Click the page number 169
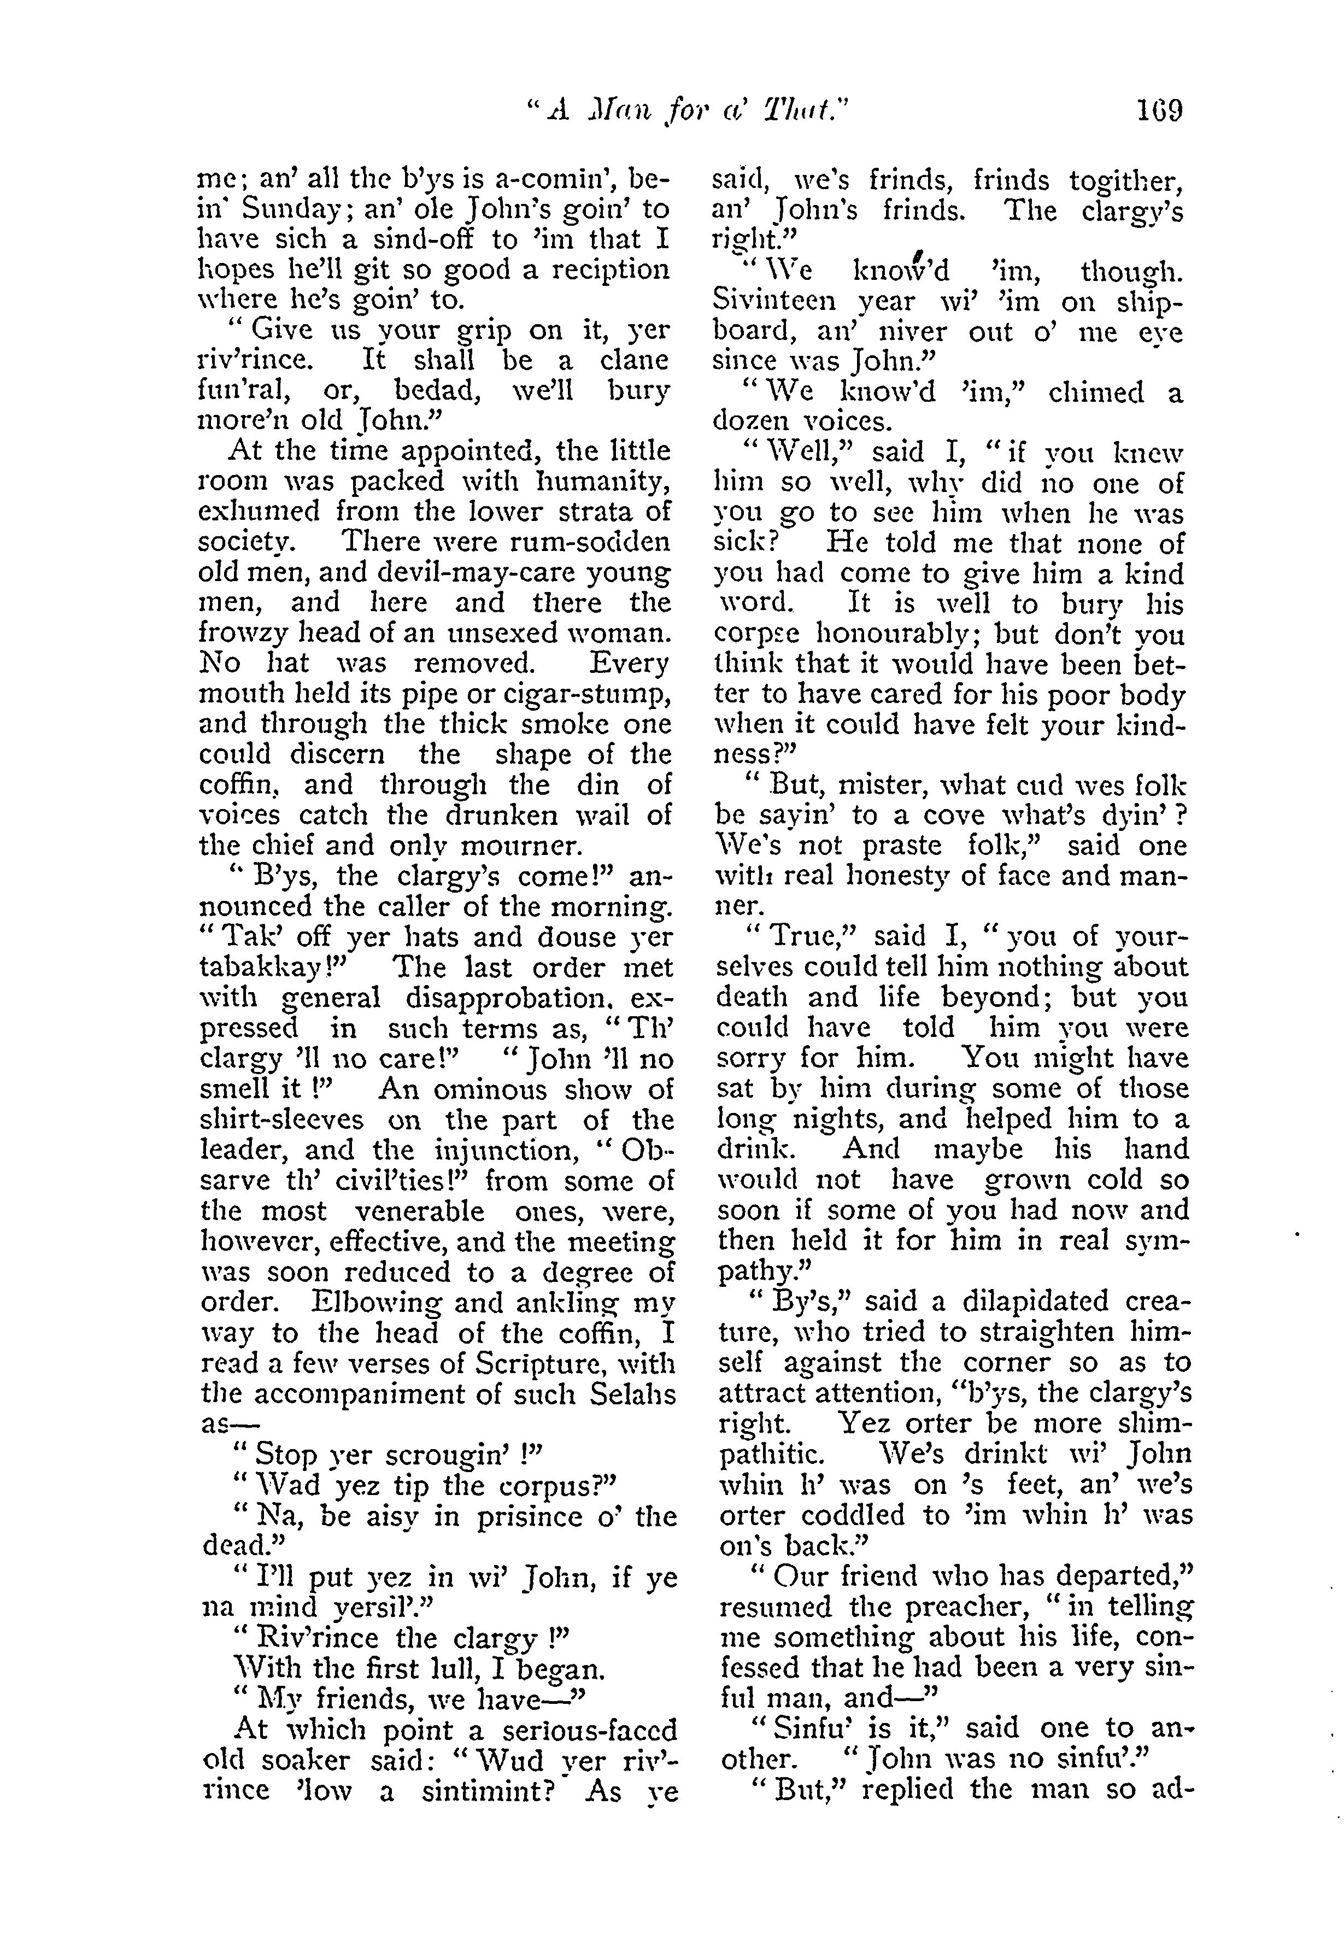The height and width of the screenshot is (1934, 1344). tap(1159, 110)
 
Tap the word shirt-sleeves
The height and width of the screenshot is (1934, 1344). tap(282, 1120)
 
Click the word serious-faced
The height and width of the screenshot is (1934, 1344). tap(578, 1730)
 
